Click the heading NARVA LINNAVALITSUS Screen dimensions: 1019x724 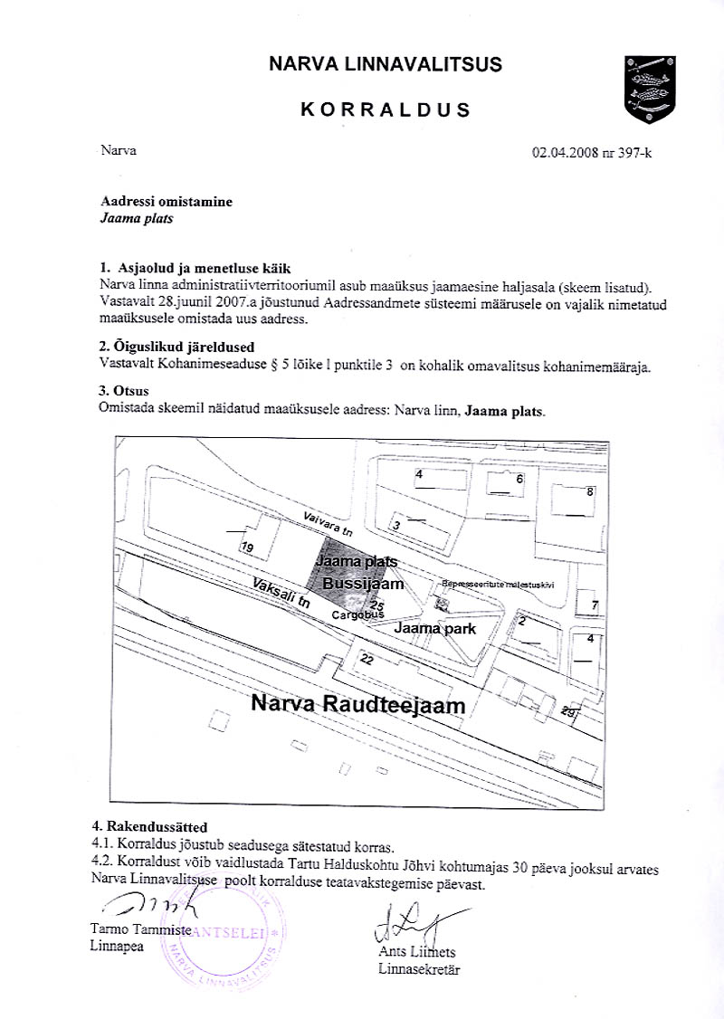pos(386,64)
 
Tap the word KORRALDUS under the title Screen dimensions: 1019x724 pos(386,110)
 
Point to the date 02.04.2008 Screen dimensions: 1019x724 pos(567,152)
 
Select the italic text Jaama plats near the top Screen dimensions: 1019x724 pos(136,218)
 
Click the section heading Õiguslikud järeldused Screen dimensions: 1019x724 pos(176,347)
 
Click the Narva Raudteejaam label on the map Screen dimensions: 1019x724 pos(357,704)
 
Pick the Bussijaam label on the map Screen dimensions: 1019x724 pos(362,586)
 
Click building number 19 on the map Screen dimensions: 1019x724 pos(247,548)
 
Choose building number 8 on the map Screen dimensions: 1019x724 pos(590,491)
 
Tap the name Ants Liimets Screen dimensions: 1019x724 pos(417,953)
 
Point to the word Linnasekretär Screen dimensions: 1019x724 pos(420,970)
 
